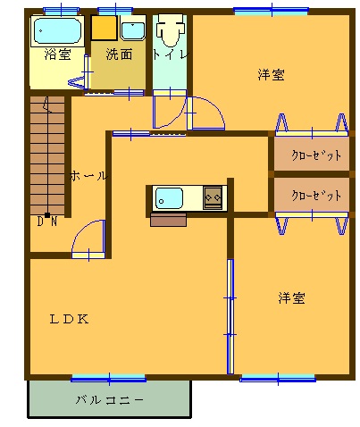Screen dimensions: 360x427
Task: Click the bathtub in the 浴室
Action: point(57,31)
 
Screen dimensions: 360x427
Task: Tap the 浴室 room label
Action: point(57,54)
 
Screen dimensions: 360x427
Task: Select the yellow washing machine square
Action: point(104,28)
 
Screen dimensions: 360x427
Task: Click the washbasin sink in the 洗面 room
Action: point(133,30)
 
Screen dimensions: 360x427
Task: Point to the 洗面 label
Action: point(119,54)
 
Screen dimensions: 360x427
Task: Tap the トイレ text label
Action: point(171,54)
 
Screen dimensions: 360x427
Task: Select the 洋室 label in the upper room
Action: point(271,74)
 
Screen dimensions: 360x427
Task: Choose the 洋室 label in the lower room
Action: point(291,297)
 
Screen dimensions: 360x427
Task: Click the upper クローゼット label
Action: point(316,155)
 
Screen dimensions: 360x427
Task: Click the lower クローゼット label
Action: point(316,196)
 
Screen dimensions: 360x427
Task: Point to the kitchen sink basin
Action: point(169,198)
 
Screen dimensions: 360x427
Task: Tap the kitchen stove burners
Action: point(213,197)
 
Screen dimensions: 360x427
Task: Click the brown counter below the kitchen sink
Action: point(168,220)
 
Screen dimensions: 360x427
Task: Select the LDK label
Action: point(69,319)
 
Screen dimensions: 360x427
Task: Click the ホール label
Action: point(88,176)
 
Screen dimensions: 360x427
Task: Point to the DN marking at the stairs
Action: point(47,222)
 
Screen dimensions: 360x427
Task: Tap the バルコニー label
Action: point(110,399)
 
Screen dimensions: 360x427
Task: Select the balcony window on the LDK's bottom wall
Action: point(109,379)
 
